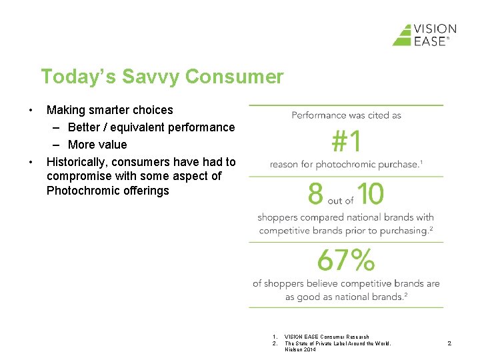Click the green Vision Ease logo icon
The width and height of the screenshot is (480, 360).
click(x=403, y=35)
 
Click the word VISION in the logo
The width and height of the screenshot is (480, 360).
click(x=435, y=29)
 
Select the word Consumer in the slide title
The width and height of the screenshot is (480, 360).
click(x=234, y=77)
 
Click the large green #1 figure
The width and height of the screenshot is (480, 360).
click(x=346, y=141)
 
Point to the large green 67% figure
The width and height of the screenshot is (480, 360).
click(x=345, y=260)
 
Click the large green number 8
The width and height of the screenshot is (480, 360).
click(x=315, y=195)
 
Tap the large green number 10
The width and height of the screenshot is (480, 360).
click(x=370, y=195)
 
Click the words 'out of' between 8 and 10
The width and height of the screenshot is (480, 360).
click(x=341, y=200)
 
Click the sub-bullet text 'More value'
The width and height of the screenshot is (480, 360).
click(x=97, y=145)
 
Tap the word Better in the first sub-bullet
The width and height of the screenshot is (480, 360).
click(x=84, y=127)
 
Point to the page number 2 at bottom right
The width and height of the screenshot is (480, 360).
click(x=449, y=343)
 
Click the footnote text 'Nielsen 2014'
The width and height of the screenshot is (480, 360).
click(x=301, y=349)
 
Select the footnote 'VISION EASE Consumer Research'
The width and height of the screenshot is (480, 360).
click(x=327, y=337)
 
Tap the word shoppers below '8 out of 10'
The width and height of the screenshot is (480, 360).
click(x=279, y=217)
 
